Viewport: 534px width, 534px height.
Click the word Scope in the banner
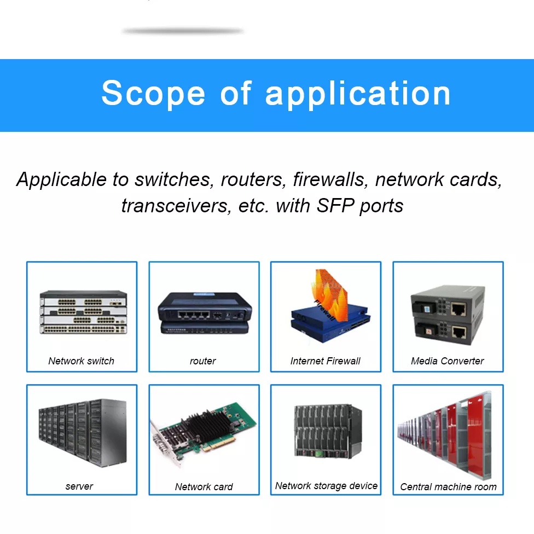click(153, 94)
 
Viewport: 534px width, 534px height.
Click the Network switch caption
click(81, 361)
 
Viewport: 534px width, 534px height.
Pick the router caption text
click(202, 361)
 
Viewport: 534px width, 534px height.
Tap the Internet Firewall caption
click(326, 361)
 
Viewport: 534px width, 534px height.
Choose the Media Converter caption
click(448, 361)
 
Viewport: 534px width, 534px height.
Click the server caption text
click(79, 486)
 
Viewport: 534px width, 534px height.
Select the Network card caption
click(204, 486)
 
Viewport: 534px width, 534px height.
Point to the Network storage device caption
click(326, 485)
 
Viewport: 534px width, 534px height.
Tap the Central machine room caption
click(448, 486)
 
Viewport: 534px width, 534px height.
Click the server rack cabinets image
click(82, 432)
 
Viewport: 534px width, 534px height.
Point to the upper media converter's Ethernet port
click(458, 309)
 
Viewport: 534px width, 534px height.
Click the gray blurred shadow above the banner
click(183, 31)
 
